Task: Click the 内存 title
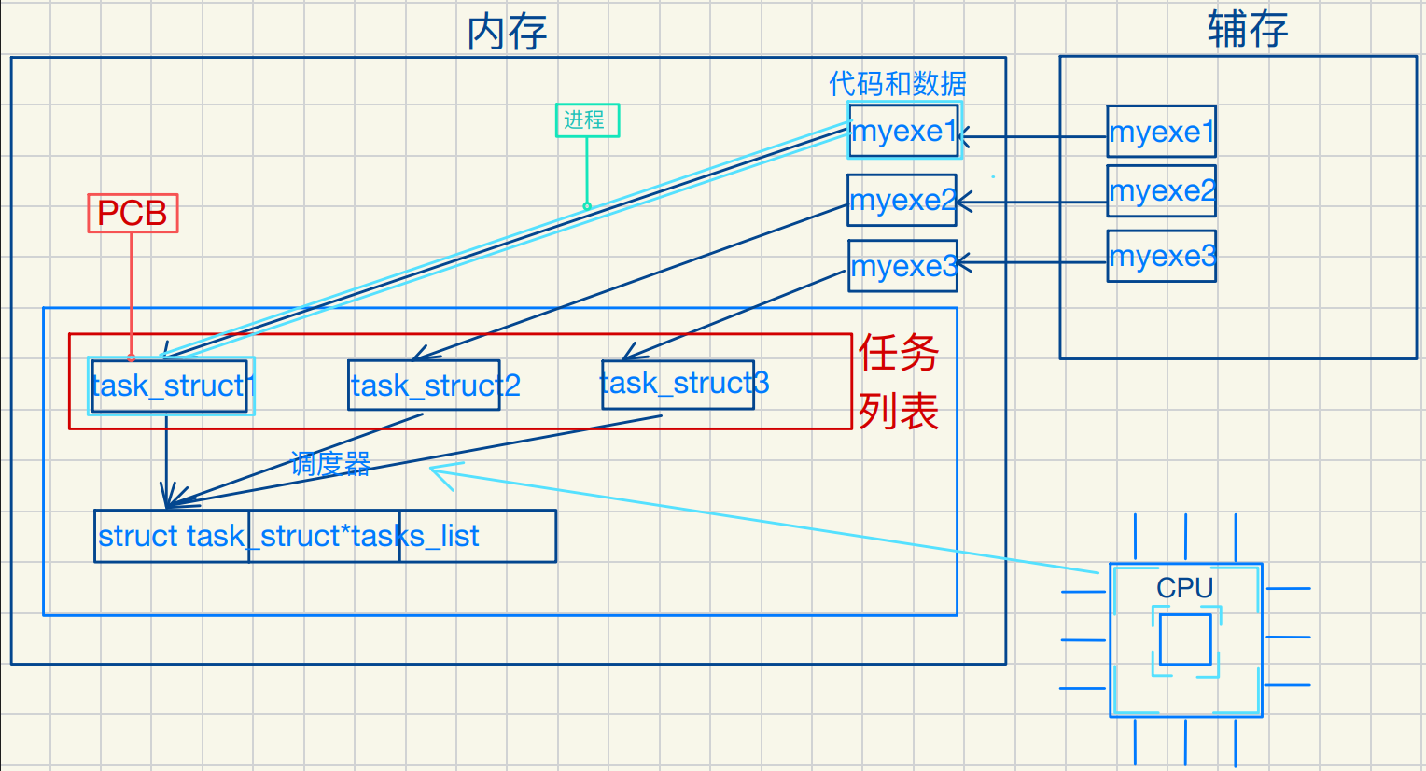[507, 32]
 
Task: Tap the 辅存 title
[1247, 29]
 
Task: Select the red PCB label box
[133, 213]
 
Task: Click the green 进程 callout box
[587, 119]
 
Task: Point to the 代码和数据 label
[897, 84]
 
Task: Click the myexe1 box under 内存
[902, 131]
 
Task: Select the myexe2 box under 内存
[902, 200]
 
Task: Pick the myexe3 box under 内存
[902, 266]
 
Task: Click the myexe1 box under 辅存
[1161, 131]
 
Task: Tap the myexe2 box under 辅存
[1161, 190]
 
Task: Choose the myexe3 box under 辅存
[1161, 256]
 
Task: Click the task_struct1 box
[170, 385]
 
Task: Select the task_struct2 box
[425, 385]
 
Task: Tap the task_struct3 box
[678, 384]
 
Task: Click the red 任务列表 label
[898, 382]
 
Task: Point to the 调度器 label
[330, 463]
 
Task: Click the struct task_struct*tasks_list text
[288, 536]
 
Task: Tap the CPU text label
[1184, 588]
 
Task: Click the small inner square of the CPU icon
[1185, 639]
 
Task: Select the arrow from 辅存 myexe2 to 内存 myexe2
[1031, 202]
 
